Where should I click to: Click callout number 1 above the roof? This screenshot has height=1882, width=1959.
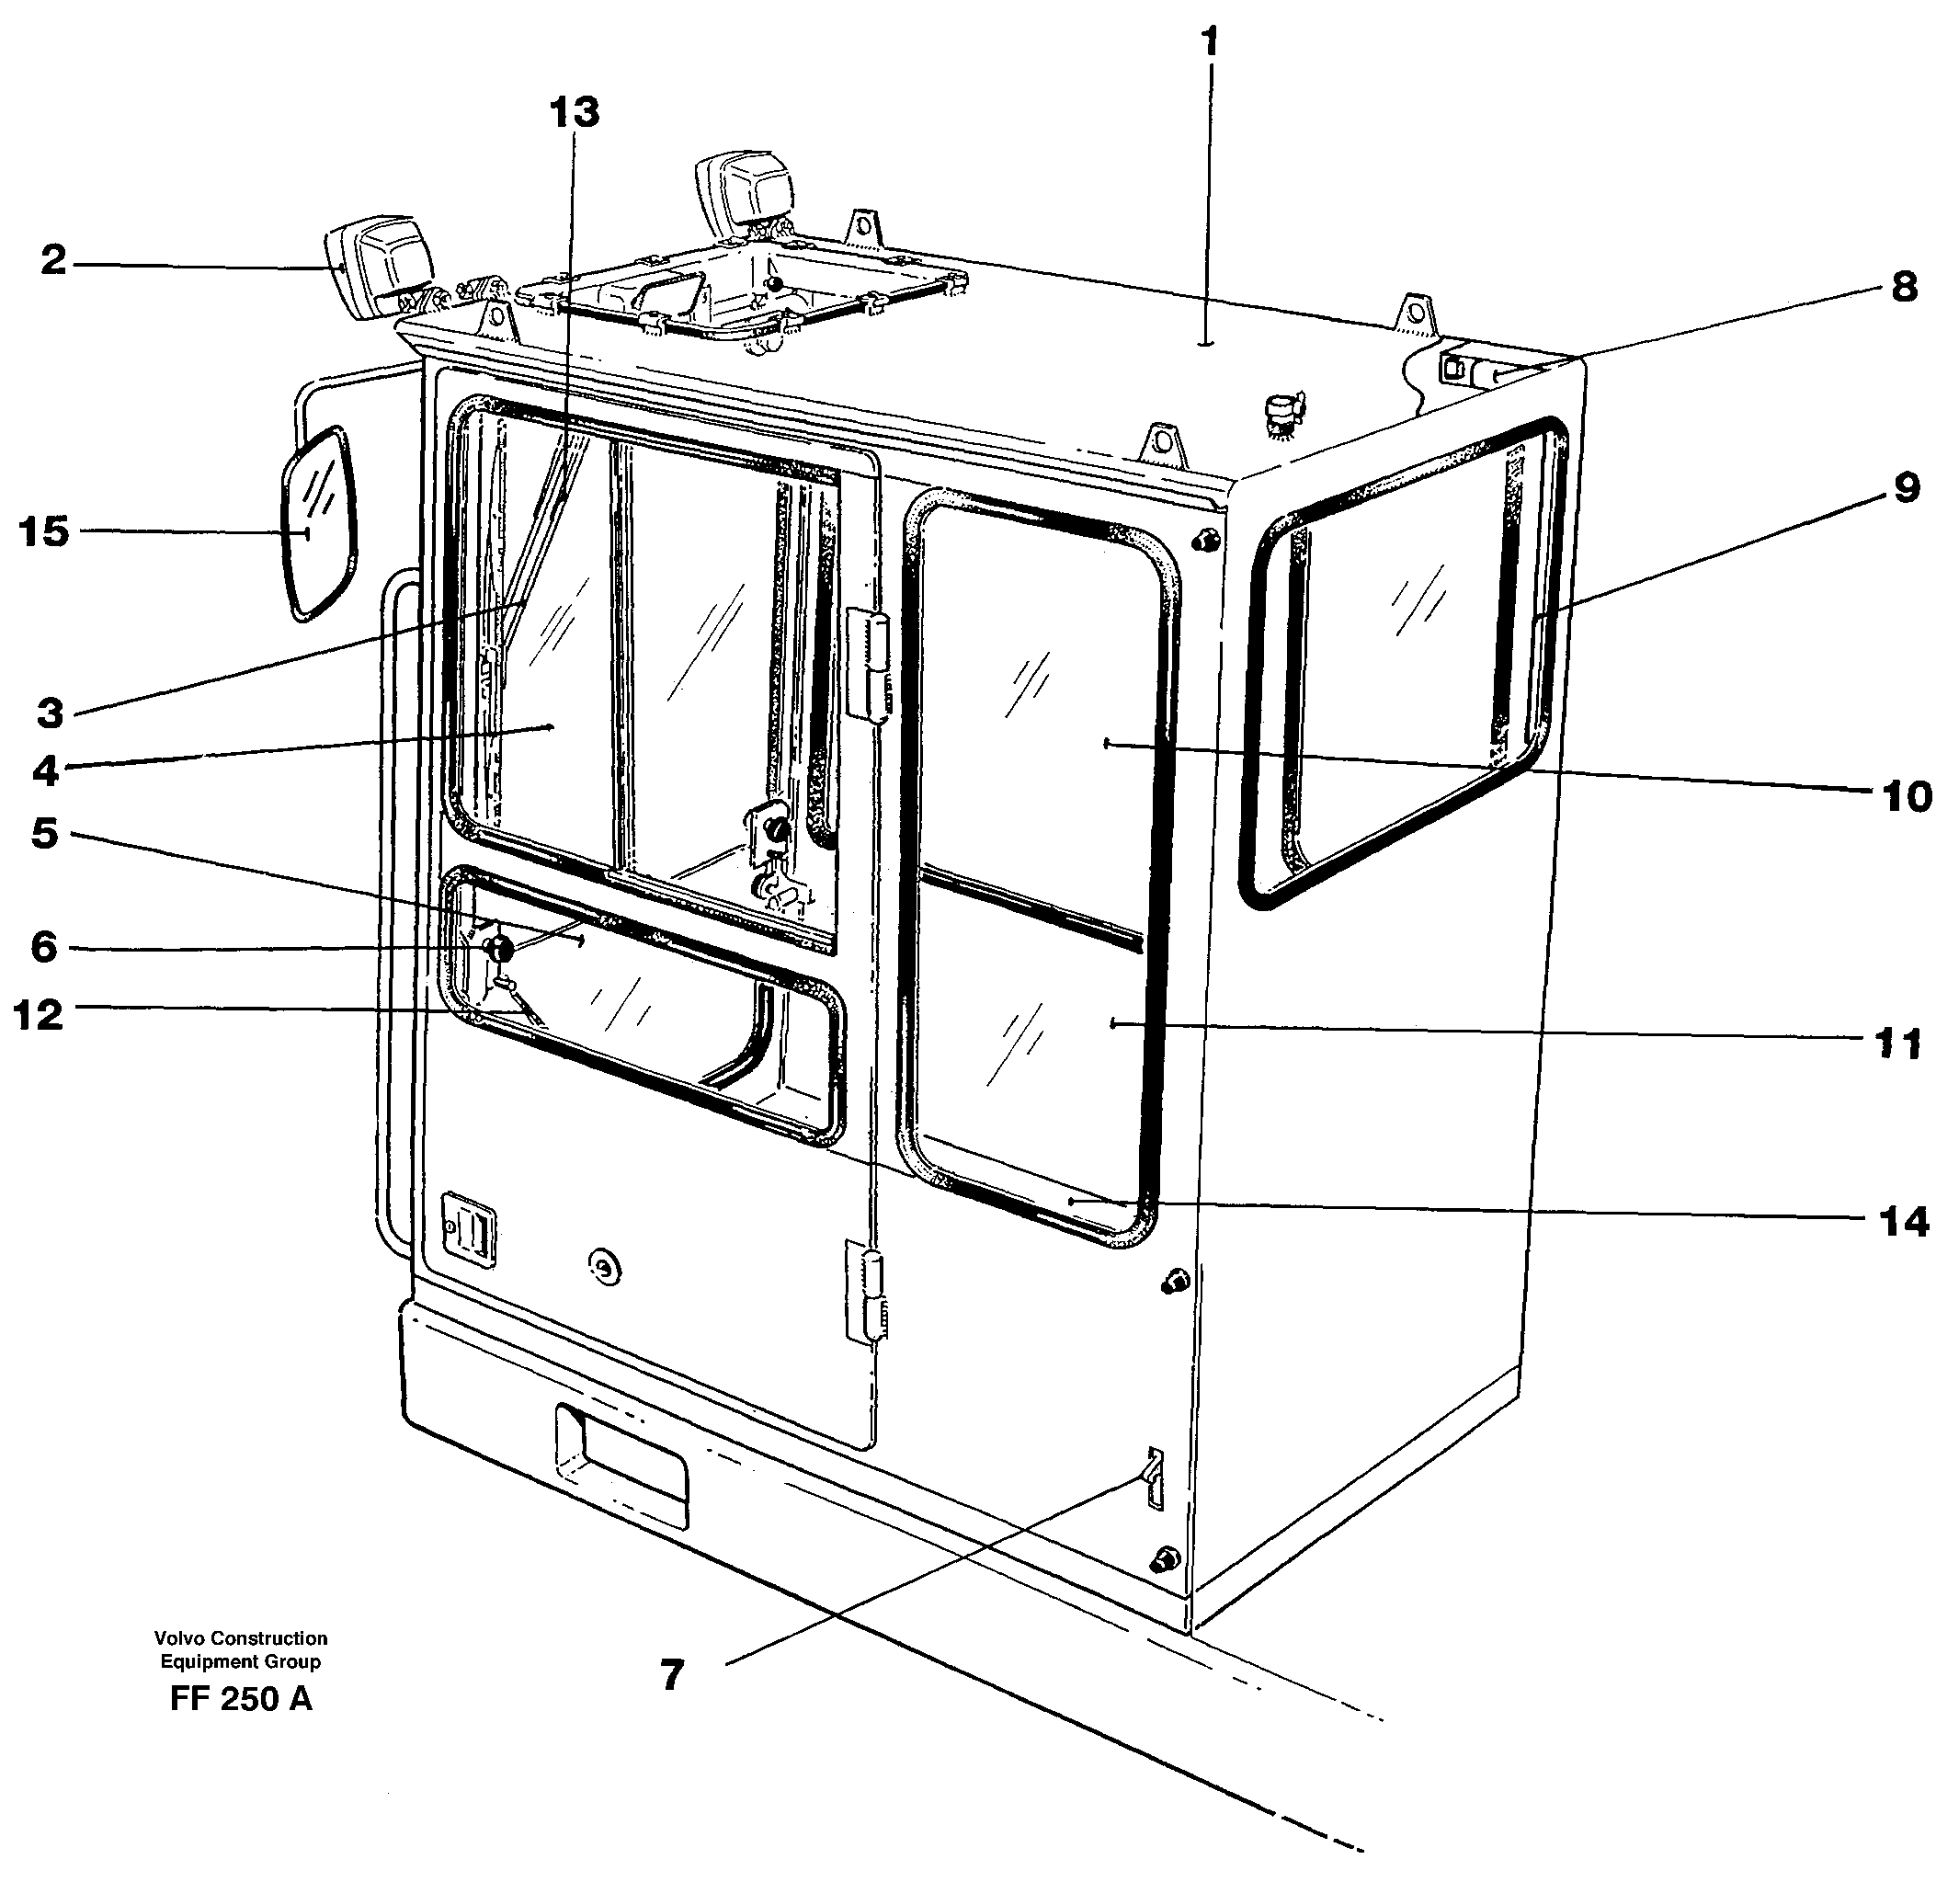tap(1211, 44)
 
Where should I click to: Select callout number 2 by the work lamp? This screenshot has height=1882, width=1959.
tap(53, 262)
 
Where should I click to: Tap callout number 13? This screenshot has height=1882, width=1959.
tap(575, 112)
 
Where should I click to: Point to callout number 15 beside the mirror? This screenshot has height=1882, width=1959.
tap(44, 531)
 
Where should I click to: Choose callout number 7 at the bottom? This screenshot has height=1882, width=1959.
tap(673, 1675)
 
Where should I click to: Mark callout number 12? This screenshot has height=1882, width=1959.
tap(39, 1015)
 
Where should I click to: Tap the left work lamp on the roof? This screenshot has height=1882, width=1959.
tap(381, 264)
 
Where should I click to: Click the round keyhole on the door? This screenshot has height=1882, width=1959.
tap(603, 1267)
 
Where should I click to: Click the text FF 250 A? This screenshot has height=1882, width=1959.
tap(241, 1698)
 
